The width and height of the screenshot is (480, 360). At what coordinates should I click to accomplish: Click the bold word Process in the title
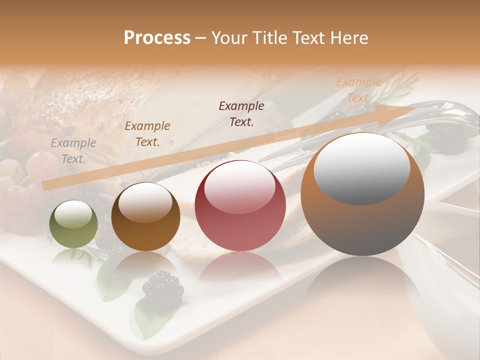[157, 38]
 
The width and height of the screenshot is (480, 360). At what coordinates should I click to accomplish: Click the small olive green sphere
[73, 224]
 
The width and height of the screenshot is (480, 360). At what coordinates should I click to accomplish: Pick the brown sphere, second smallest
[145, 217]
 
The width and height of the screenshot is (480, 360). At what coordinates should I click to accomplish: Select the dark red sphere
[240, 206]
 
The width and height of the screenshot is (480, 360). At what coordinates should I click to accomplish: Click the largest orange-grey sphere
[362, 194]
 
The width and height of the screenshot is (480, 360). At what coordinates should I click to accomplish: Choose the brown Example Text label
[147, 133]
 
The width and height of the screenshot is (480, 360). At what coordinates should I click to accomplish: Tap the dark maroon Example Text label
[241, 113]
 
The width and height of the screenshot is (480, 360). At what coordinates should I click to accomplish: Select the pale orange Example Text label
[358, 90]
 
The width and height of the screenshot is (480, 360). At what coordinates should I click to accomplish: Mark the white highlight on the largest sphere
[361, 168]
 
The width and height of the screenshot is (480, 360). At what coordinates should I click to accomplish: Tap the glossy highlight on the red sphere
[239, 185]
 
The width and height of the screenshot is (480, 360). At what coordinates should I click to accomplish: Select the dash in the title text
[200, 38]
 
